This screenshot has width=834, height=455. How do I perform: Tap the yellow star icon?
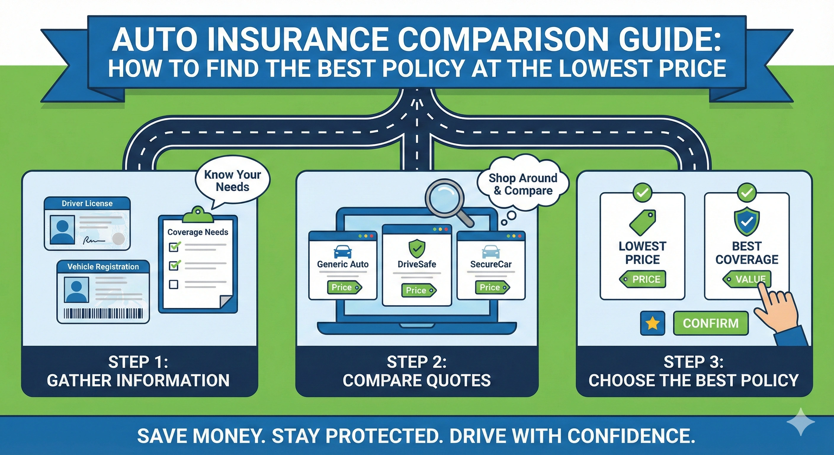(x=652, y=323)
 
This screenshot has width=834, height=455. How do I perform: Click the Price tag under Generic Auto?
(x=344, y=287)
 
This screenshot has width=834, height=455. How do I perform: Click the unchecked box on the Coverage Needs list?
(x=174, y=284)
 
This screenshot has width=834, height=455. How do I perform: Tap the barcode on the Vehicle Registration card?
(x=103, y=313)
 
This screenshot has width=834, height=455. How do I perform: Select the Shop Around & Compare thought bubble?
(x=523, y=184)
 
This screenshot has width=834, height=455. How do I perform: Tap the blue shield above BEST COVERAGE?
(x=747, y=222)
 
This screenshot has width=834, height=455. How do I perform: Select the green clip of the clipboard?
(x=198, y=215)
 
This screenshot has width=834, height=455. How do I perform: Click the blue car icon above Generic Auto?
(x=343, y=251)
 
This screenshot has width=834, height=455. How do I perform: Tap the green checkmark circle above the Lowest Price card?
(x=642, y=193)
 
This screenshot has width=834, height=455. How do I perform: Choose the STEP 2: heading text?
(x=417, y=362)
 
